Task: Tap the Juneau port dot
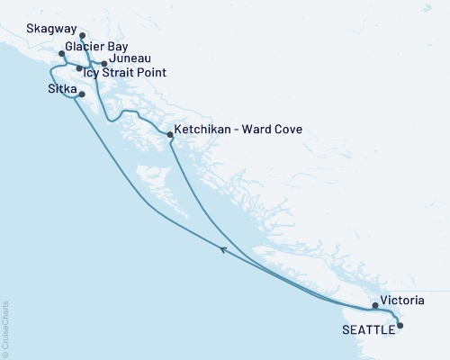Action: tap(105, 64)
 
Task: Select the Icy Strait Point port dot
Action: tap(79, 68)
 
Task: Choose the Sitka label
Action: tap(61, 90)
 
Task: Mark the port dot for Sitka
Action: tap(82, 94)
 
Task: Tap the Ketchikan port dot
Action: tap(170, 134)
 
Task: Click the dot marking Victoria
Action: tap(375, 306)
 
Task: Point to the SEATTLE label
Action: tap(367, 330)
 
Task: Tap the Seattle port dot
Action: tap(400, 326)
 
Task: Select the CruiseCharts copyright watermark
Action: tap(6, 329)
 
